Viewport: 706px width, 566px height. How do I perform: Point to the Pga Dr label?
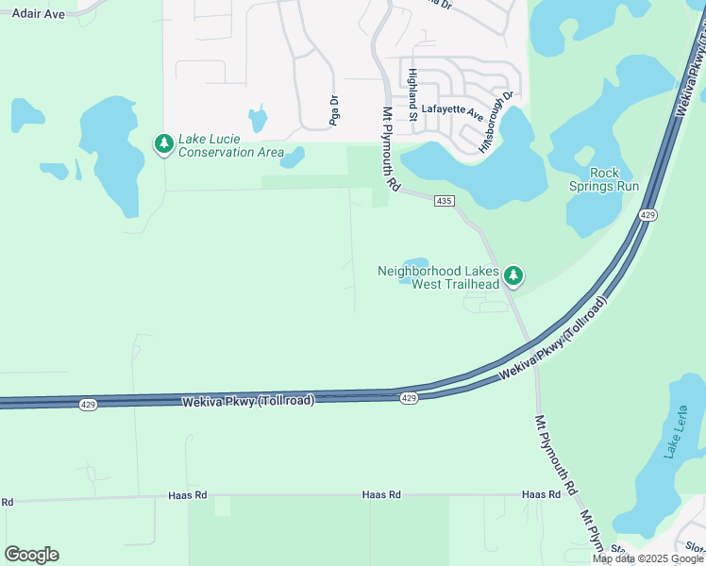point(333,110)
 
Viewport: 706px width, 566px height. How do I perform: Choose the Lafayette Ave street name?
point(451,109)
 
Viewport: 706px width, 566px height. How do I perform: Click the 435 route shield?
point(445,201)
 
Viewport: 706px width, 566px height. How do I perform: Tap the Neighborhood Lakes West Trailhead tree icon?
point(513,275)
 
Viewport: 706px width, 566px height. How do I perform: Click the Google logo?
point(31,555)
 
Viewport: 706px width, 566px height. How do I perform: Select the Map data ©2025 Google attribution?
point(648,558)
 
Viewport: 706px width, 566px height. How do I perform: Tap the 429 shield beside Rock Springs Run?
point(647,216)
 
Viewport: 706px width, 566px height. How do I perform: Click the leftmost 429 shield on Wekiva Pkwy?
point(87,405)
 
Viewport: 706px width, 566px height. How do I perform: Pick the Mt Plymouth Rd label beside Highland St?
point(386,153)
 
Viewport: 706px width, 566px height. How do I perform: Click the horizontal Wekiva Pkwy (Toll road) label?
point(246,400)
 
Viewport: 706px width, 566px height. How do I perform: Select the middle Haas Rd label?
point(381,494)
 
